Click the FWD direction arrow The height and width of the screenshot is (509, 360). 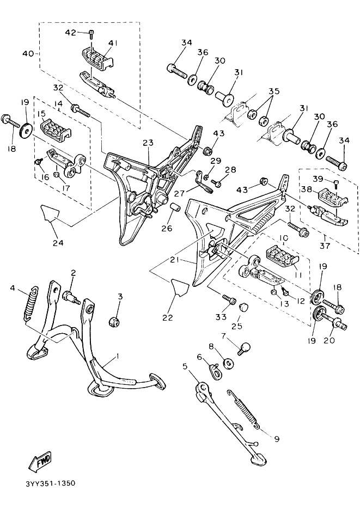click(x=40, y=461)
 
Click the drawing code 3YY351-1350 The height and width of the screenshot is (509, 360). click(x=50, y=483)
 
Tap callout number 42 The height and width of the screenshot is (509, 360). click(x=70, y=33)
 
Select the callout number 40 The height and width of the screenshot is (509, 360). click(x=28, y=53)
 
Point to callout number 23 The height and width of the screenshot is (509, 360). click(x=148, y=143)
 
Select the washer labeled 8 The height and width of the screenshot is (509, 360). click(x=229, y=363)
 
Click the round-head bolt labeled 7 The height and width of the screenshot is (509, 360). click(x=244, y=348)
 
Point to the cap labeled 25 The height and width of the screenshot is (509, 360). click(x=242, y=306)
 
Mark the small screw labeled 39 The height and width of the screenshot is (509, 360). click(x=337, y=185)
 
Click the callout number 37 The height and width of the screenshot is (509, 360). click(x=325, y=246)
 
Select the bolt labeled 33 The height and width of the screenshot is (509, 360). click(x=229, y=299)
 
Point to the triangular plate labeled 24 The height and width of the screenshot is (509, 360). click(x=50, y=213)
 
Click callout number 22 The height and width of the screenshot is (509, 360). click(x=168, y=317)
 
